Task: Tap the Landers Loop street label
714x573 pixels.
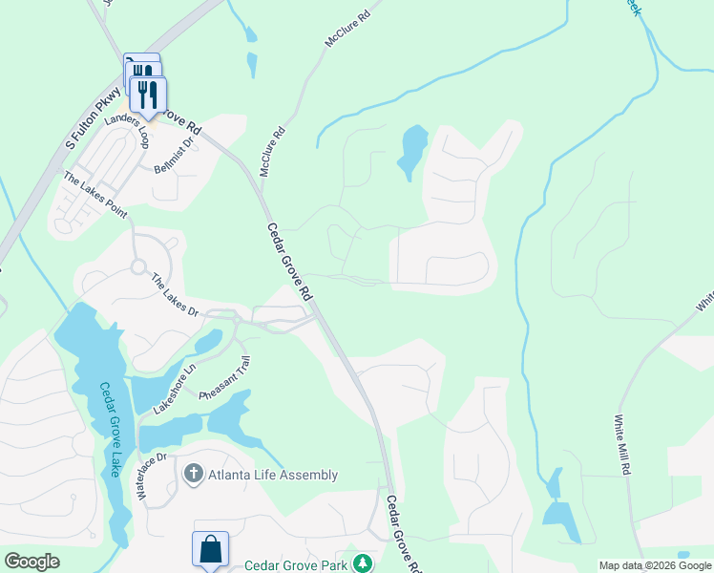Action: pos(128,132)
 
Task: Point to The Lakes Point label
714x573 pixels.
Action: pos(94,195)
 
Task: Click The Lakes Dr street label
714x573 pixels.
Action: pos(175,295)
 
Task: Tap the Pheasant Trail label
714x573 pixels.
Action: pos(225,378)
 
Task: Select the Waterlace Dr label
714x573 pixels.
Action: pos(152,475)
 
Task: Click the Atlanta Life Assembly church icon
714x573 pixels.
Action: pos(193,474)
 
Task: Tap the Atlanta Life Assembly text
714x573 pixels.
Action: pos(274,475)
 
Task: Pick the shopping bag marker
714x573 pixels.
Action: pos(210,550)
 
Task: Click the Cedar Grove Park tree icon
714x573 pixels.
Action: pos(362,563)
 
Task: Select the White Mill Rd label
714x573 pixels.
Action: pos(622,446)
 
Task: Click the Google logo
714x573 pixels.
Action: pos(31,562)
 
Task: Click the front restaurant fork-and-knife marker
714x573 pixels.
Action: pos(148,95)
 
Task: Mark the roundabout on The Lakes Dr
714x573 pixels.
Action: pos(138,267)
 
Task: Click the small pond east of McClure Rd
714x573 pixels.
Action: pos(413,150)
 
